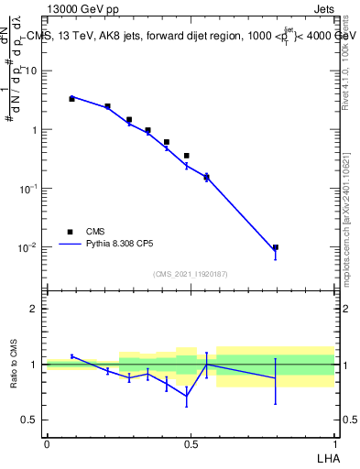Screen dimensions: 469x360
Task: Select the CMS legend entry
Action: click(95, 232)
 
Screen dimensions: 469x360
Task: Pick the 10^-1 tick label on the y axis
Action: click(28, 189)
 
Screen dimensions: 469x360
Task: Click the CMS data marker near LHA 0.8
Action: click(275, 247)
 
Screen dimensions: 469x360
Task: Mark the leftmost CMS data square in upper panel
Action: click(71, 98)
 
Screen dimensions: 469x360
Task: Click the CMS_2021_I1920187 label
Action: click(191, 273)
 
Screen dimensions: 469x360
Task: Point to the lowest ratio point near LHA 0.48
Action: click(187, 397)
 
